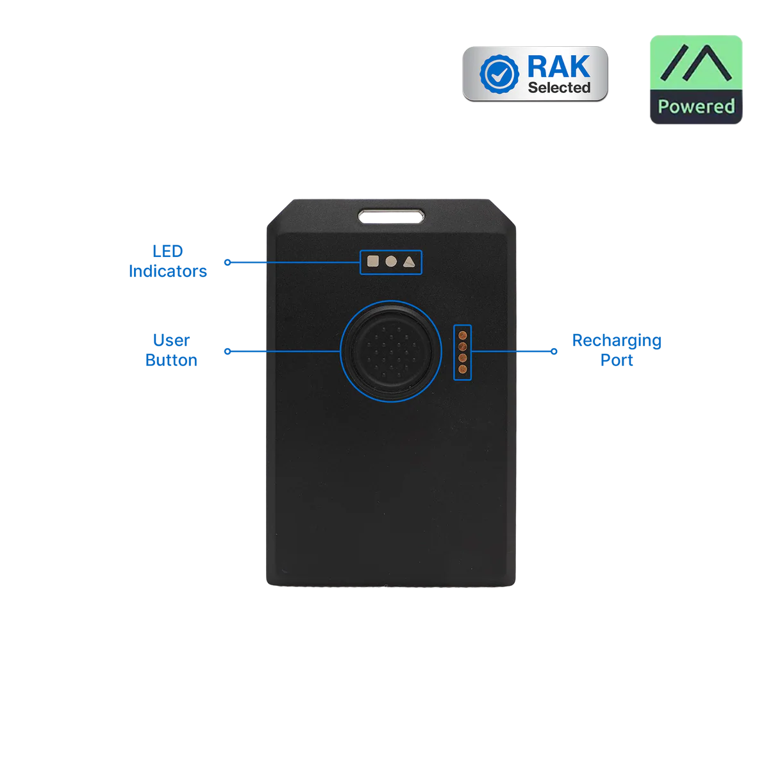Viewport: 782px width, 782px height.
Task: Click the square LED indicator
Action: click(x=372, y=262)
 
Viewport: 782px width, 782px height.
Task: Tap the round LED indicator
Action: click(x=390, y=262)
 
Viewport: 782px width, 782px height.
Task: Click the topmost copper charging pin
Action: click(x=462, y=334)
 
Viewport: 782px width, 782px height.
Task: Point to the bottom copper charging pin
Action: click(x=462, y=369)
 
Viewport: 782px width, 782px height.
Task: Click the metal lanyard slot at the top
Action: click(x=391, y=215)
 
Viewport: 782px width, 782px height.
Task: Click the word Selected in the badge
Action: click(x=559, y=88)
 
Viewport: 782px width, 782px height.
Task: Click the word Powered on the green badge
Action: click(x=696, y=106)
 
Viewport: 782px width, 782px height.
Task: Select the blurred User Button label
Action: click(x=171, y=350)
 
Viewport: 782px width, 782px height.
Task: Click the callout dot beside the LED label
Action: click(x=226, y=262)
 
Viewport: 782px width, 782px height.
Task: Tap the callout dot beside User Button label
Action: click(x=226, y=351)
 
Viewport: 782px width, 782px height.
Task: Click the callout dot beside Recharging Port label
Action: click(x=554, y=351)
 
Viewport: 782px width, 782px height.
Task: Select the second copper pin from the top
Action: click(x=462, y=345)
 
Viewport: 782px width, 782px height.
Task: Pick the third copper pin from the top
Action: click(x=462, y=357)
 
